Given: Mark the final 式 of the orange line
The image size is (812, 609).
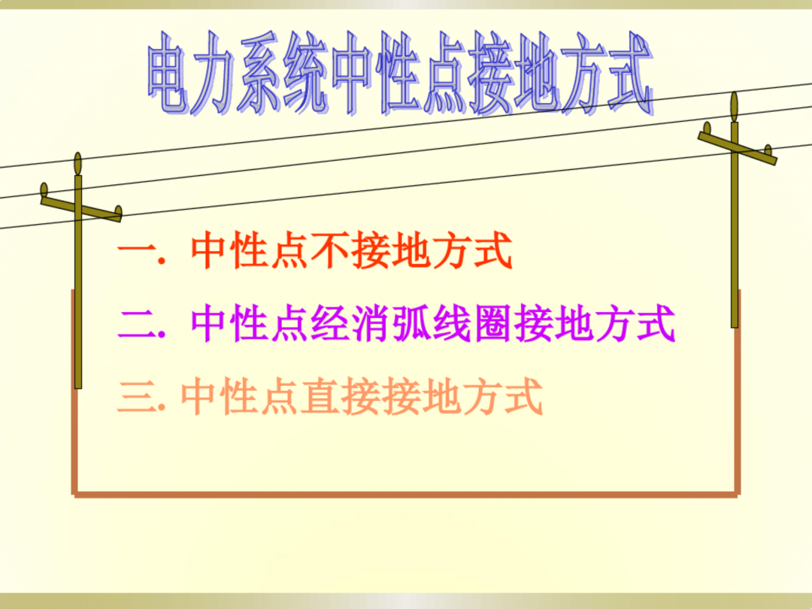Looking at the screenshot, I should point(523,398).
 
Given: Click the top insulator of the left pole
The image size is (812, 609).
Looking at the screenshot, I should point(77,163).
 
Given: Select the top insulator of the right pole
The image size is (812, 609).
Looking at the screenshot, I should point(734,106).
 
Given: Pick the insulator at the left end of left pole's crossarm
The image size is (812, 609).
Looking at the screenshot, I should point(44,189).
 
